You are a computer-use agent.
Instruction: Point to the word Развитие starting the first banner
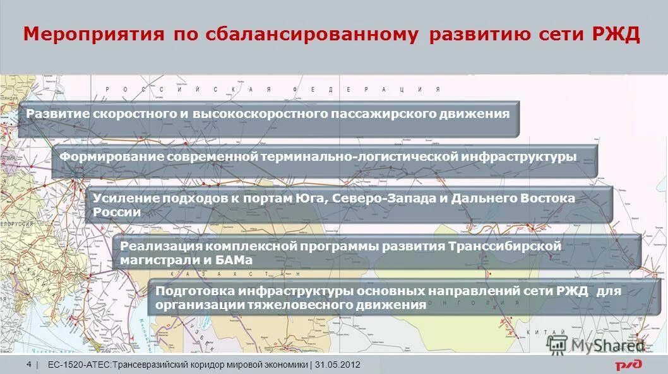point(57,114)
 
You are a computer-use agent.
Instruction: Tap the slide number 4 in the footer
point(30,365)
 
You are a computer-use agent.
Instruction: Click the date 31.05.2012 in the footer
point(338,365)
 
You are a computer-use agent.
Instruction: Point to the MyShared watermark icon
point(557,344)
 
